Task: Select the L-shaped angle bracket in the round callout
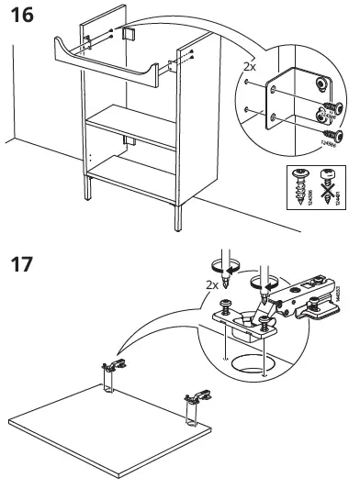pyautogui.click(x=282, y=100)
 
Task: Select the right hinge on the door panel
pyautogui.click(x=196, y=403)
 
